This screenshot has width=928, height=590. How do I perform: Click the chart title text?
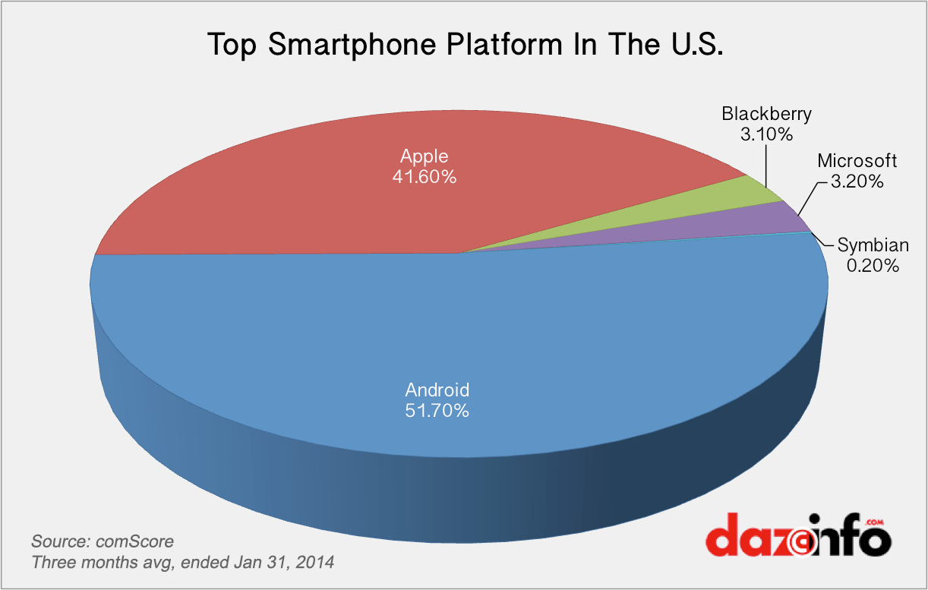(464, 45)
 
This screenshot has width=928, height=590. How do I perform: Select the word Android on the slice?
(437, 390)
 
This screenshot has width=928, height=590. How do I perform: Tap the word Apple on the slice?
(425, 157)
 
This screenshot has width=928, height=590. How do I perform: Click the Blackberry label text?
(766, 114)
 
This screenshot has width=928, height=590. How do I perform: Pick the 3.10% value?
(766, 135)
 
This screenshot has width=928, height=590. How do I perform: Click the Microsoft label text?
(857, 161)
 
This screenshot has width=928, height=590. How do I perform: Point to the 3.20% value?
(857, 181)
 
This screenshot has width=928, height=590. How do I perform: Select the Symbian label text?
(873, 245)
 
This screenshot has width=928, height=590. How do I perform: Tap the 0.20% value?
(873, 265)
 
